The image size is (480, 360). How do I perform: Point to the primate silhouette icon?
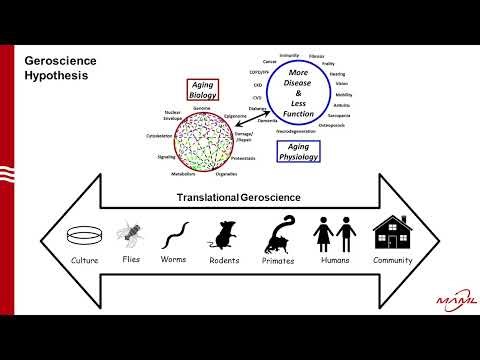279,237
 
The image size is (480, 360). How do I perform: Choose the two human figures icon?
333,236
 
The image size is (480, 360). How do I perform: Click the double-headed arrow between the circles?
250,115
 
